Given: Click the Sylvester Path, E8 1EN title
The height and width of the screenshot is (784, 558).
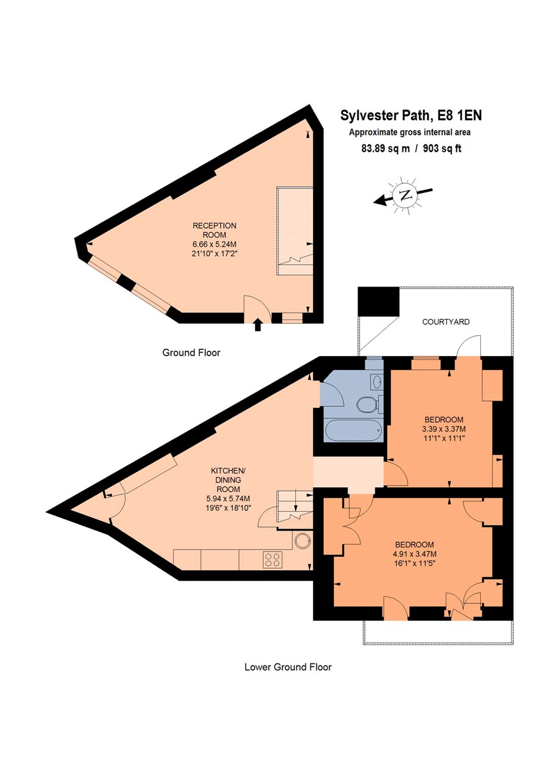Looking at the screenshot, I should click(x=411, y=116).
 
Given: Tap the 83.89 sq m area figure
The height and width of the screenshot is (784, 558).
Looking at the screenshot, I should click(x=385, y=148).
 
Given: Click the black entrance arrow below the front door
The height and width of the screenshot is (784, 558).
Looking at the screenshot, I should click(x=258, y=325).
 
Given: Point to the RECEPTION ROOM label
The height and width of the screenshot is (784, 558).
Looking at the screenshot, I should click(x=214, y=230).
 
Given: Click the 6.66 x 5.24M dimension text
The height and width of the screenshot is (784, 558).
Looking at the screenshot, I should click(x=214, y=244).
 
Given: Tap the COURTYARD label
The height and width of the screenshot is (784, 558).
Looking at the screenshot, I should click(x=446, y=322).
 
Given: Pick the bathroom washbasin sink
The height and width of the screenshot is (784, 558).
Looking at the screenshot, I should click(x=377, y=382).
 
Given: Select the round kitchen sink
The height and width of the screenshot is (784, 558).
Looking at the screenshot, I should click(x=303, y=541).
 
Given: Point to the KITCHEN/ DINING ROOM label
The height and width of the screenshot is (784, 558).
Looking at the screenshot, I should click(x=228, y=479).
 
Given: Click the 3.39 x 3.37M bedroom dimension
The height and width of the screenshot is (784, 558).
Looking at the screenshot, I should click(x=444, y=429).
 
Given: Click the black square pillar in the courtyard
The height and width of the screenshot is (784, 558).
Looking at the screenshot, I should click(x=378, y=301).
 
